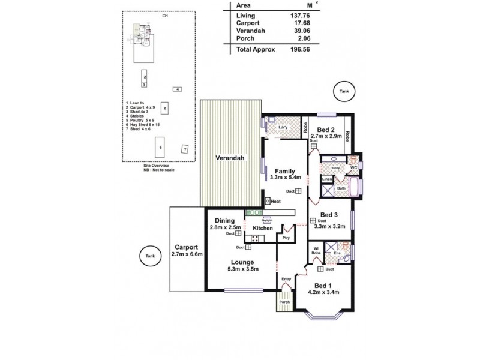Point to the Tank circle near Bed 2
[344, 91]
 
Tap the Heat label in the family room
[275, 202]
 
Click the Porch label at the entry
[284, 302]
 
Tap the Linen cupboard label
[327, 179]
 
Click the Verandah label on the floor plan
[230, 158]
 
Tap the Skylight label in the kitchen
[268, 220]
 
